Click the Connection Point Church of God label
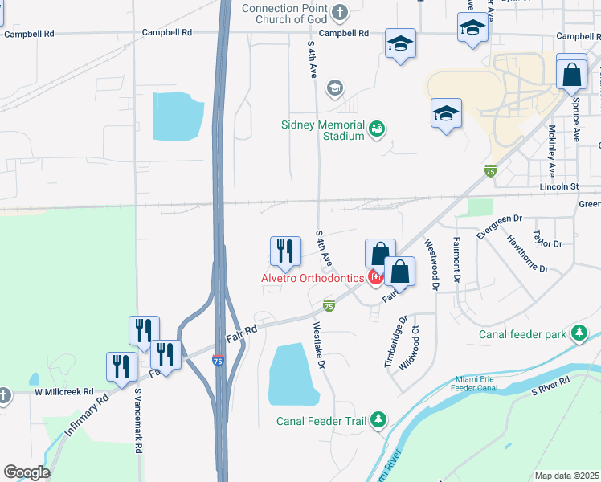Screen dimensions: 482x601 (x=285, y=14)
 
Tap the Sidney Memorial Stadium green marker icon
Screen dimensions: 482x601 (x=376, y=129)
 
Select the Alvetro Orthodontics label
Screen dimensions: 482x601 (x=312, y=278)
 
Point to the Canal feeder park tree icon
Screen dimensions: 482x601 (x=579, y=333)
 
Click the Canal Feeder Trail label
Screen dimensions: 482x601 (x=321, y=421)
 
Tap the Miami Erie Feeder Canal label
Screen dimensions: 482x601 (x=467, y=383)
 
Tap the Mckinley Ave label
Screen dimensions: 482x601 (x=552, y=151)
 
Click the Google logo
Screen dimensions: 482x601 (x=27, y=472)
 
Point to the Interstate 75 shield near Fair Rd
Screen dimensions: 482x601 (x=218, y=361)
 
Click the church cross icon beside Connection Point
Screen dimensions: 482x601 (x=340, y=12)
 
